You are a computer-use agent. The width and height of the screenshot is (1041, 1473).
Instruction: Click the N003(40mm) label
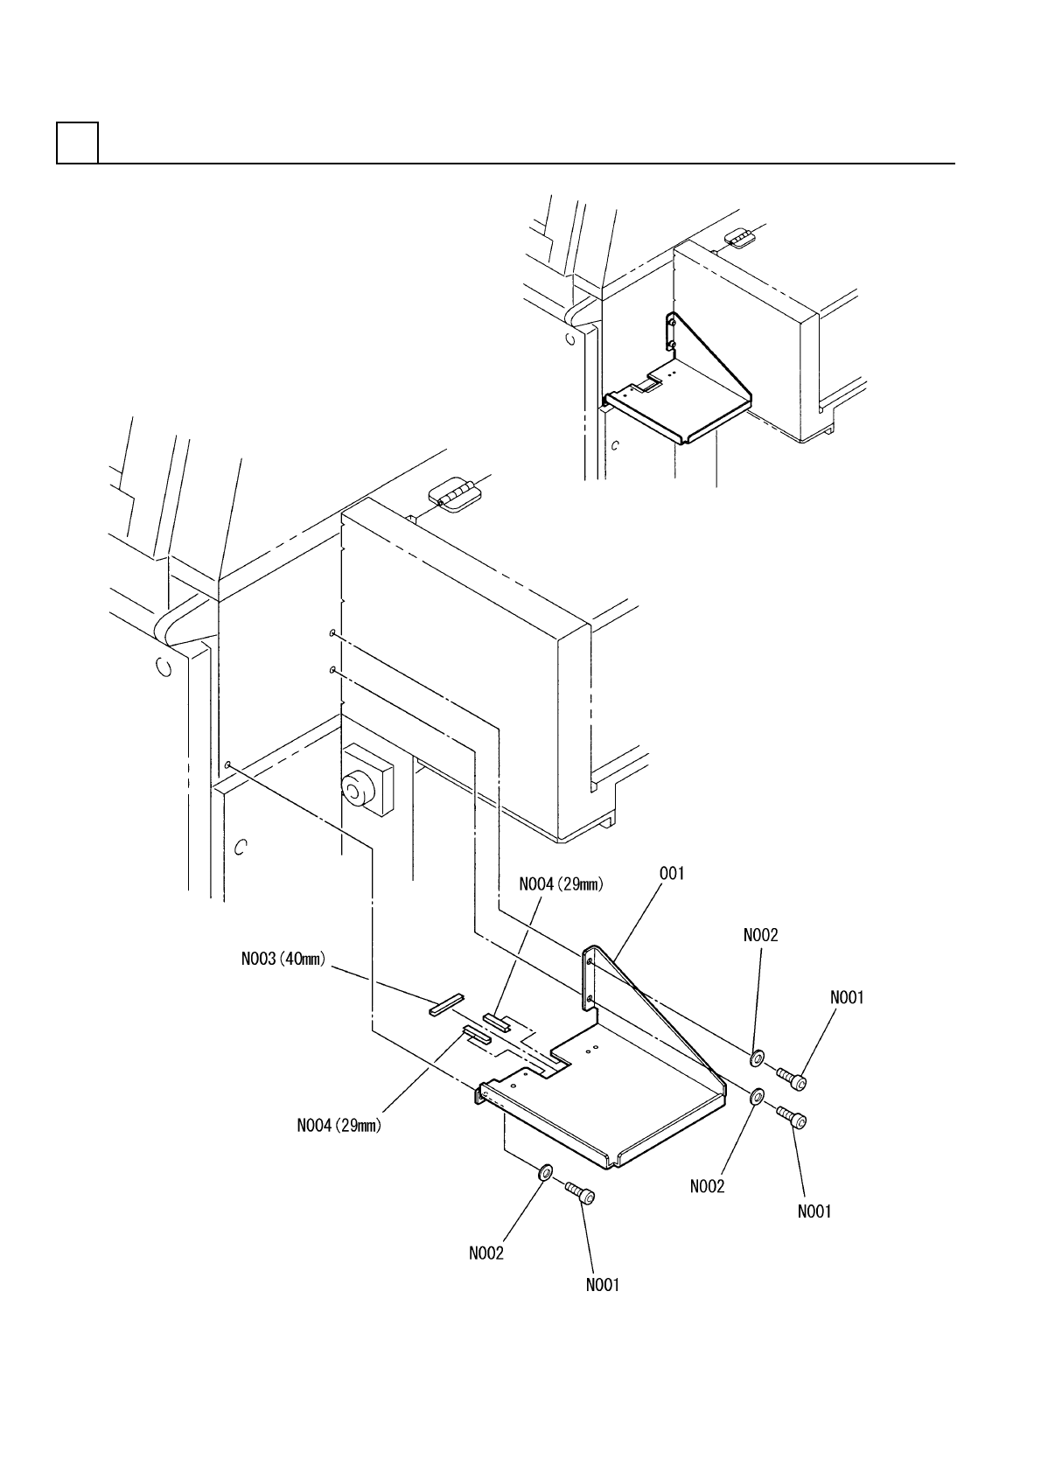point(283,960)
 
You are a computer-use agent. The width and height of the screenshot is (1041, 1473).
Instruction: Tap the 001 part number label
point(672,873)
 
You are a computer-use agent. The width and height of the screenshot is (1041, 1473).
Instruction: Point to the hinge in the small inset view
point(739,239)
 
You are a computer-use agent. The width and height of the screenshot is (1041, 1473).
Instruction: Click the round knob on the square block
point(356,791)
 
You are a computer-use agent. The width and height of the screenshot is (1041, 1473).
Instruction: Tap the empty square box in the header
point(77,143)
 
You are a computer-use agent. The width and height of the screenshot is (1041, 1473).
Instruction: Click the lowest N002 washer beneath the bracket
point(544,1172)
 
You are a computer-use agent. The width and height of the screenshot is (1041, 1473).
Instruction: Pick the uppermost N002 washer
point(757,1057)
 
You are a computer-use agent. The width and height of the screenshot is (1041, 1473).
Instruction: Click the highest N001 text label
point(847,997)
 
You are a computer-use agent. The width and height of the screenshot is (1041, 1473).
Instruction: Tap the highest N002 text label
point(760,935)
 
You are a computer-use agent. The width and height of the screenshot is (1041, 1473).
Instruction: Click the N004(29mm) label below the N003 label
point(339,1126)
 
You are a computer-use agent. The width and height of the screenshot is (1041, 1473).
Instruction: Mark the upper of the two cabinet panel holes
point(332,632)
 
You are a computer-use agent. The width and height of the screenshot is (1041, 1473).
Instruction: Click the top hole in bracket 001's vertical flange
point(590,961)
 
